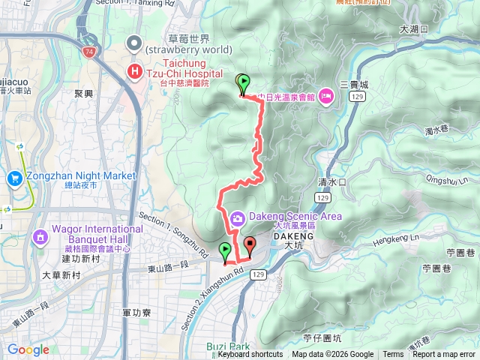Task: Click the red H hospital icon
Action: click(x=134, y=72)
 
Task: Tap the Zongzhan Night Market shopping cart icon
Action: click(x=15, y=178)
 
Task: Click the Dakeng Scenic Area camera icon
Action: click(x=237, y=217)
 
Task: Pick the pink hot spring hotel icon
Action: click(x=326, y=96)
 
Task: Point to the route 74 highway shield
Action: click(x=90, y=52)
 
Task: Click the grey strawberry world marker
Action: click(x=135, y=43)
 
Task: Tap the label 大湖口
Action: click(x=413, y=29)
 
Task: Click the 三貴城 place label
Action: click(x=354, y=85)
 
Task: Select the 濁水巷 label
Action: click(x=436, y=131)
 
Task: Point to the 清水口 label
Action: click(x=331, y=182)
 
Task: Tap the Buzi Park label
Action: click(x=228, y=346)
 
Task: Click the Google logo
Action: click(x=28, y=349)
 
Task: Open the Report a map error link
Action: click(x=444, y=355)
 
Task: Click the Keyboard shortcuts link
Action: click(x=250, y=355)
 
